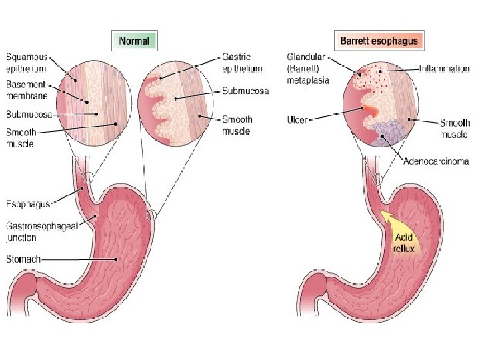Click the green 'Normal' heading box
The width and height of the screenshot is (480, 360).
(133, 41)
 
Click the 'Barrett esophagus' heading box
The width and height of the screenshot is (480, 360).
(379, 41)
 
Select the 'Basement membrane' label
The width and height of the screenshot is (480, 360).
(27, 91)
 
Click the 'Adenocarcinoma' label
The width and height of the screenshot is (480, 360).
(436, 161)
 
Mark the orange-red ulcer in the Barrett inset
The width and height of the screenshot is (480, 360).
(368, 108)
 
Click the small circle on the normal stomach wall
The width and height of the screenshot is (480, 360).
(151, 215)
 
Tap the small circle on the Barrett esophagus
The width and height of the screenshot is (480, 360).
(377, 179)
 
